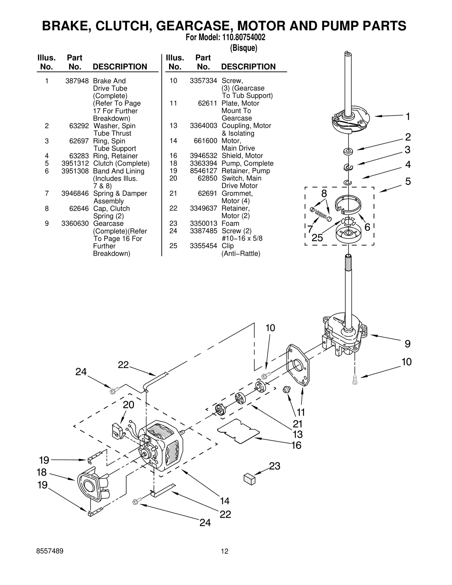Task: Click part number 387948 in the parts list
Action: click(x=77, y=81)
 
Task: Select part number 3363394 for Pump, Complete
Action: click(x=203, y=164)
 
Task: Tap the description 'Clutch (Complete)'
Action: click(x=121, y=164)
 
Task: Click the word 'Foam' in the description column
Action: click(x=230, y=223)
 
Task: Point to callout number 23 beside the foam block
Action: click(x=274, y=466)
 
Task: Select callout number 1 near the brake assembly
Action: click(x=408, y=116)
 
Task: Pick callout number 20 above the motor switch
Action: click(x=129, y=405)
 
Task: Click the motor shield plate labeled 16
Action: click(x=238, y=430)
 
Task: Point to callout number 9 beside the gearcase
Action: click(x=407, y=344)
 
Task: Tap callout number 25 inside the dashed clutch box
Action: click(x=317, y=238)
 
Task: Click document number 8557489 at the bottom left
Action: click(x=50, y=551)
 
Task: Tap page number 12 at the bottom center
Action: click(x=225, y=551)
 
